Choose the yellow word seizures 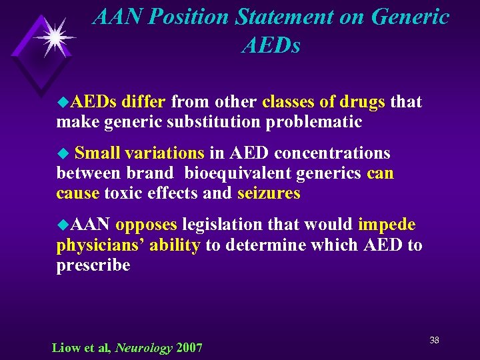[x=269, y=194]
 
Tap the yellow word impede [x=387, y=225]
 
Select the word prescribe [x=93, y=265]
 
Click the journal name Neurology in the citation [x=144, y=347]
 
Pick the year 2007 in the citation [x=189, y=347]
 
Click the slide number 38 [x=434, y=341]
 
